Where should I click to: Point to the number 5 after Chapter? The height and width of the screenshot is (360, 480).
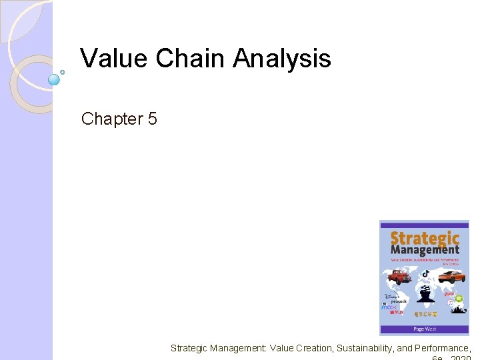[x=153, y=119]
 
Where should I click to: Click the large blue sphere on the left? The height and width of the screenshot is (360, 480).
[x=55, y=79]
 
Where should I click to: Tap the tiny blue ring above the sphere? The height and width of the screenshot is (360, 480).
[x=63, y=71]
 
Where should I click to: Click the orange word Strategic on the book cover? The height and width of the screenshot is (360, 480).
[x=424, y=238]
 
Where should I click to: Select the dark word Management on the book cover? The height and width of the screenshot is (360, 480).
[x=425, y=250]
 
